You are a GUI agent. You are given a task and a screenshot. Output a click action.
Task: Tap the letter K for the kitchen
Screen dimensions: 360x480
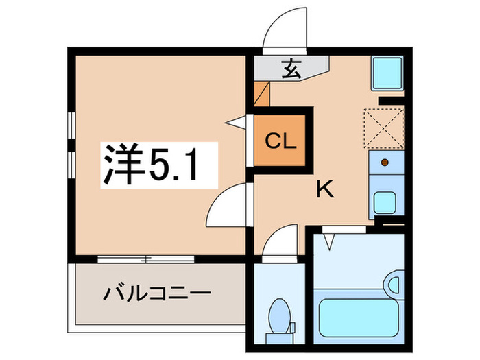pos(324,189)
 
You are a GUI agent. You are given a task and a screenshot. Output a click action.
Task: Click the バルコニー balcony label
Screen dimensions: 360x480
pos(157,295)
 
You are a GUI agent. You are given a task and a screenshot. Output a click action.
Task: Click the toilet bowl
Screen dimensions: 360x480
pos(280,316)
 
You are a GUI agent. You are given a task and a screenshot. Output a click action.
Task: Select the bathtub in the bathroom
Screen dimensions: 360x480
pos(355,313)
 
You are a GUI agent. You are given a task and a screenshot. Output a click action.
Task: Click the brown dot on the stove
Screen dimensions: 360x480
pos(384,163)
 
